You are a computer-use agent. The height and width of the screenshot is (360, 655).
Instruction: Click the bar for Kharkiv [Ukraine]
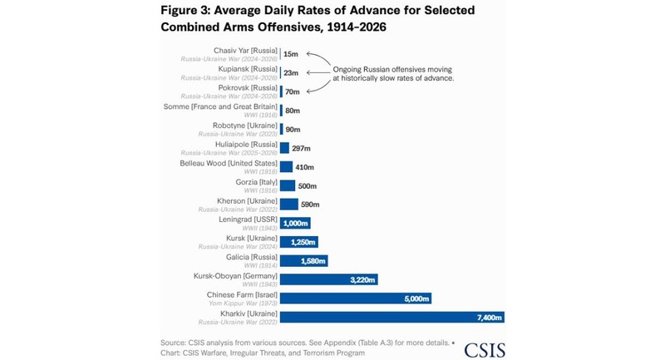coord(392,316)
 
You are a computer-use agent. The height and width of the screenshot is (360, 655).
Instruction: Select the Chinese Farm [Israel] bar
coord(355,298)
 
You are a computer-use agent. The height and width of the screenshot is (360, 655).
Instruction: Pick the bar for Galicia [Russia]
coord(303,260)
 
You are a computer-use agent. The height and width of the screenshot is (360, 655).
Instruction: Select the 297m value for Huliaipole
coord(302,148)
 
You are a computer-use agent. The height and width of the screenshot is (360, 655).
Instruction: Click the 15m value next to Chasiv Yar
coord(291,54)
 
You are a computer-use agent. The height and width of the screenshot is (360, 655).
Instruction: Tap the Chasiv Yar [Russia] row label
coord(245,51)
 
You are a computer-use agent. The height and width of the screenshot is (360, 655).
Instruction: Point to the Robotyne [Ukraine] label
coord(245,126)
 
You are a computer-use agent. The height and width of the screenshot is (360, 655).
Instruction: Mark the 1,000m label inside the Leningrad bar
coord(295,223)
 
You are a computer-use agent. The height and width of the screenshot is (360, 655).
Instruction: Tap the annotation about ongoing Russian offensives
coord(393,73)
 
